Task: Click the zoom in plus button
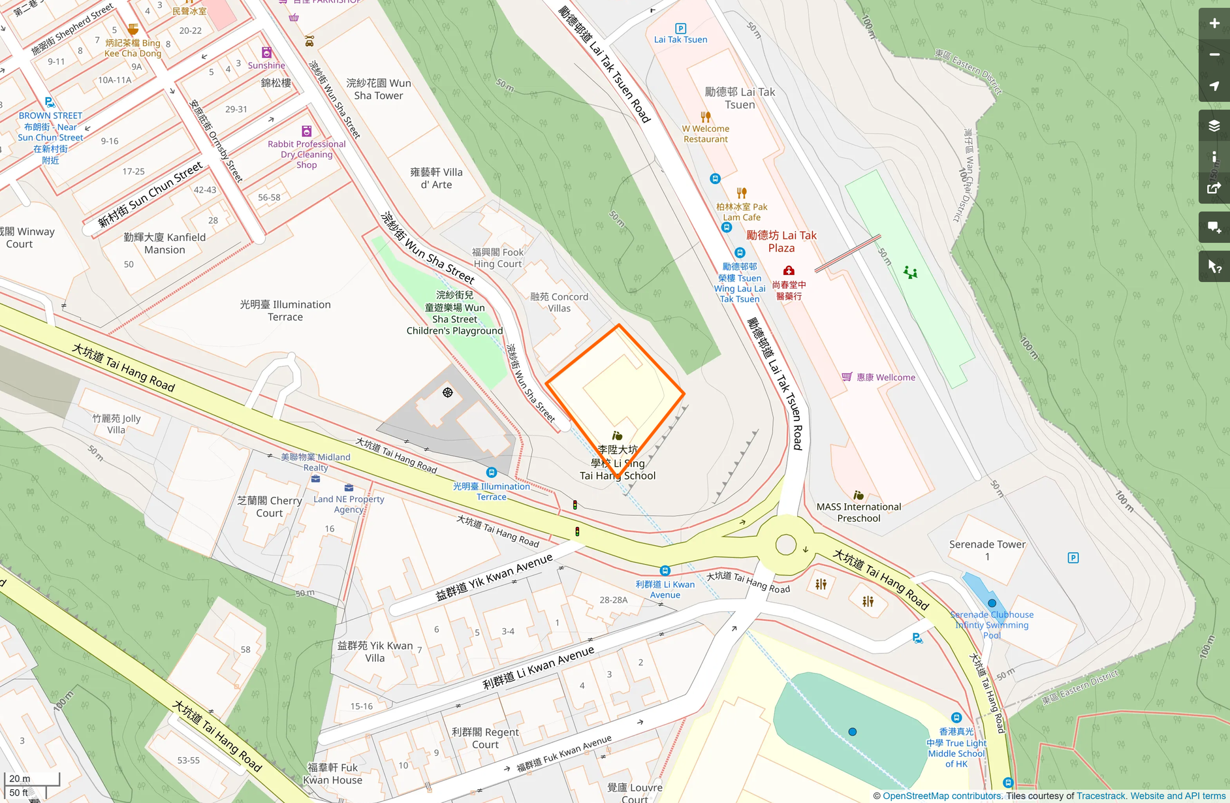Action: click(1214, 24)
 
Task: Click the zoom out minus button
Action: click(1214, 55)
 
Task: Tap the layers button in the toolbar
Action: click(1214, 126)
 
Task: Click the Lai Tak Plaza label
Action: click(781, 242)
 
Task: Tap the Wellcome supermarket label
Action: click(885, 377)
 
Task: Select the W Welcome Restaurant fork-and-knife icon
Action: click(706, 117)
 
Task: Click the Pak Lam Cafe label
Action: click(742, 212)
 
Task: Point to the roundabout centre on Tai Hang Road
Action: click(786, 544)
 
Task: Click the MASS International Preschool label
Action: click(859, 512)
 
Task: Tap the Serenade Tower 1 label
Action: click(987, 550)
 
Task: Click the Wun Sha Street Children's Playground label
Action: click(454, 313)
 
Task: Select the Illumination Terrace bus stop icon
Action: click(492, 473)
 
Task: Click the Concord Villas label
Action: click(559, 302)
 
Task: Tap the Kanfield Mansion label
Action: click(165, 244)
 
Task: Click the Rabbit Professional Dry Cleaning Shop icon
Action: click(306, 131)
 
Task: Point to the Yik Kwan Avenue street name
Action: click(494, 577)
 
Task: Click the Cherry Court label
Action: click(270, 507)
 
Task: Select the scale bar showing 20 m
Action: click(32, 779)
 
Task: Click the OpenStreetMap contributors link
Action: click(942, 796)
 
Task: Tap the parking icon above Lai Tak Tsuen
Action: click(680, 28)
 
